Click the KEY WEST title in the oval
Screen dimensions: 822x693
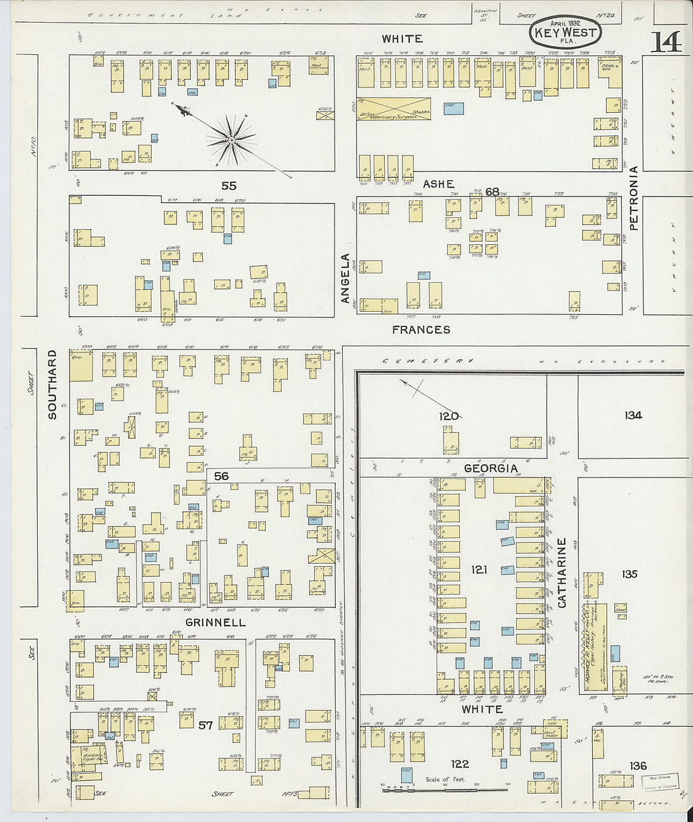(558, 33)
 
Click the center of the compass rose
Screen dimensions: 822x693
(231, 139)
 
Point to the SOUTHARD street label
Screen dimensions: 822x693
(52, 384)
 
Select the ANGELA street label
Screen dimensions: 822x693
(345, 279)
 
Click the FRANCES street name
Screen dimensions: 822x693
(421, 329)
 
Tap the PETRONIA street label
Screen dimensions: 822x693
(633, 197)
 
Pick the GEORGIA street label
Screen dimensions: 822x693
(491, 469)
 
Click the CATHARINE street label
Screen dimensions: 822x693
(562, 573)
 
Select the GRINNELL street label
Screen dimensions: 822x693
(215, 622)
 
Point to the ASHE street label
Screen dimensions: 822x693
(438, 184)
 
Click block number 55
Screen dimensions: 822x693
(229, 186)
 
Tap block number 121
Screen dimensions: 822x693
(479, 570)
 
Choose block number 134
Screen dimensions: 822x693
(633, 415)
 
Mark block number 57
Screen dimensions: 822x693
(205, 726)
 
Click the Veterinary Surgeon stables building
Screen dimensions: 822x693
(394, 109)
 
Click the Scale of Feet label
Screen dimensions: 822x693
(445, 779)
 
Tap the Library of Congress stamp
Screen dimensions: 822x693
(659, 782)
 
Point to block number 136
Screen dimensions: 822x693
(638, 765)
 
